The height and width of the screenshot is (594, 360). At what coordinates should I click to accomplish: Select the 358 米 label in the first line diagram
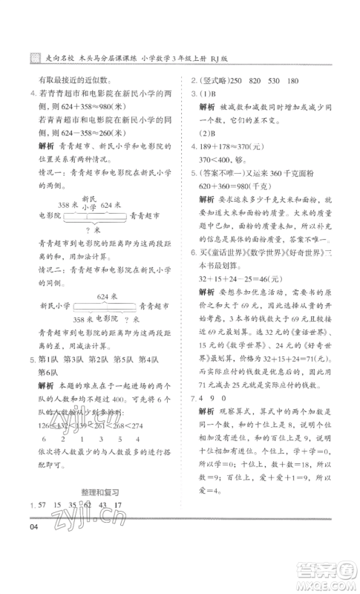[68, 204]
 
